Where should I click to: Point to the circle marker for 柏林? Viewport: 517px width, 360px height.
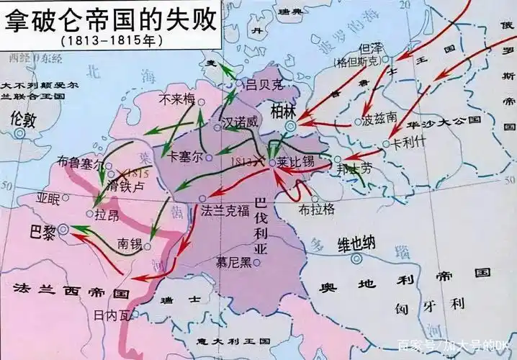coord(289,126)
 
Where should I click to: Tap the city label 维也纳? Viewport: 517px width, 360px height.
coord(356,243)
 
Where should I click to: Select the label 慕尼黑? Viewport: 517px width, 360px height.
coord(235,262)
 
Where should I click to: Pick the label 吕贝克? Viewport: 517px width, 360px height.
coord(262,84)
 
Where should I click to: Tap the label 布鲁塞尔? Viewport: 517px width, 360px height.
coord(79,162)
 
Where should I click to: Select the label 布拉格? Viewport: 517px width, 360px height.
coord(318,208)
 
